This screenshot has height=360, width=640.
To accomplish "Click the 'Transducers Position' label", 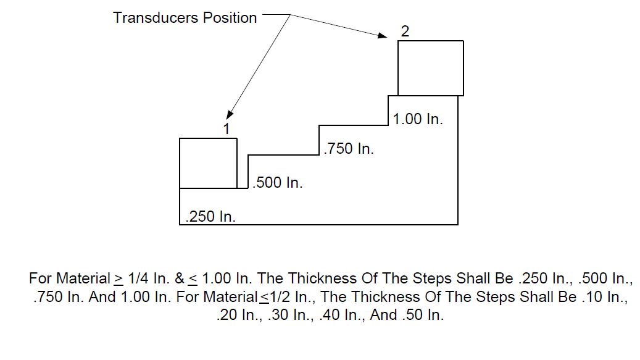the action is pos(185,18).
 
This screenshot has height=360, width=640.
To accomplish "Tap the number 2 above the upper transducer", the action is pos(405,31).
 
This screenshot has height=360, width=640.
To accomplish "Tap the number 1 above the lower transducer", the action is pos(226,129).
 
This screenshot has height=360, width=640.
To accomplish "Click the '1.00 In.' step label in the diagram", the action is pos(418,119).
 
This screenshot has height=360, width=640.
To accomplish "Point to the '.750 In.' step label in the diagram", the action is pos(349,149).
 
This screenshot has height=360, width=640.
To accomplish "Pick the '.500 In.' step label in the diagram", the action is pos(278,182).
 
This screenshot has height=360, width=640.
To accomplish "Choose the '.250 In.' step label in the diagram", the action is pos(210,216).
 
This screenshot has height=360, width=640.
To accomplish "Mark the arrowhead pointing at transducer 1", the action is pos(230,115).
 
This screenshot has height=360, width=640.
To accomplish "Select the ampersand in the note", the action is pos(180,278).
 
